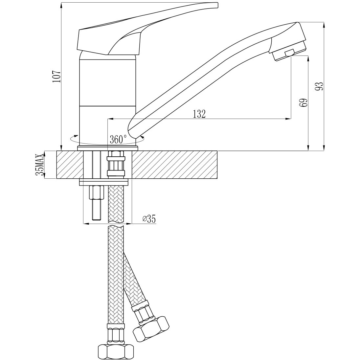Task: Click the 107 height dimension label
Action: point(56,76)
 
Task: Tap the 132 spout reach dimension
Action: point(199,114)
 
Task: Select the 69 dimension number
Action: point(304,102)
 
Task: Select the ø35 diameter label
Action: point(149,218)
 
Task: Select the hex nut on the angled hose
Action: point(151,327)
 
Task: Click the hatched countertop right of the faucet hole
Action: point(174,165)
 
